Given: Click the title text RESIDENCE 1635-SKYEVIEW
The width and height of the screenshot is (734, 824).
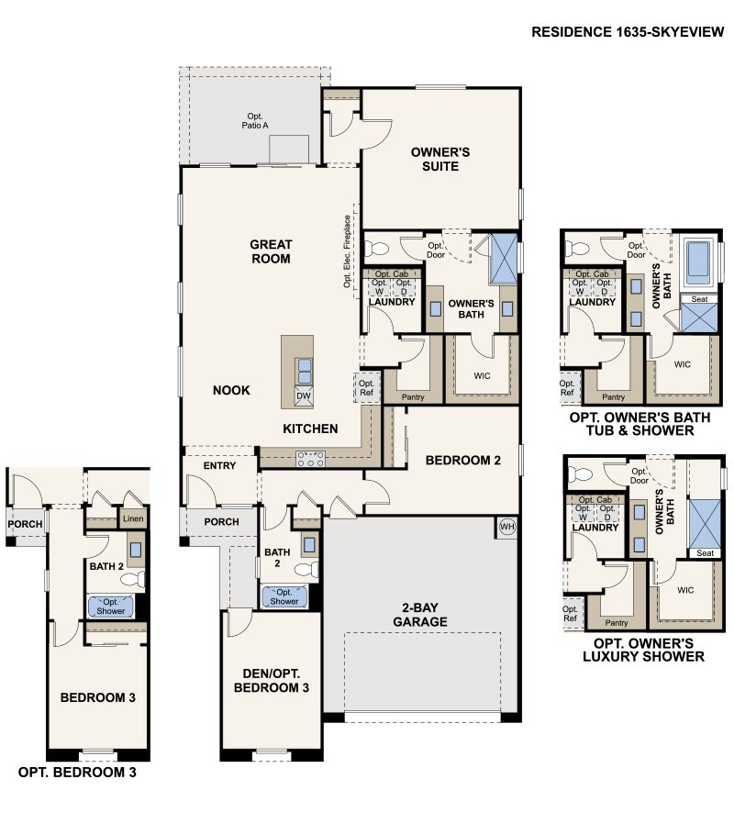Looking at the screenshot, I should (x=628, y=32).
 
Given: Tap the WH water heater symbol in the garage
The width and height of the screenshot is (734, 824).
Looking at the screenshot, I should (x=507, y=527).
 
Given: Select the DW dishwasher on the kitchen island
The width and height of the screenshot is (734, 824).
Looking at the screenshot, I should (x=302, y=396).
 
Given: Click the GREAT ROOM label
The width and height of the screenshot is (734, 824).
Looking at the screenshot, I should (x=271, y=251).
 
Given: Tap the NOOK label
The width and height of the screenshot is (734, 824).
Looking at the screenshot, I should (x=231, y=390).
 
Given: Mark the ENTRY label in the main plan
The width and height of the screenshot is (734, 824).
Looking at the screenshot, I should (x=219, y=466).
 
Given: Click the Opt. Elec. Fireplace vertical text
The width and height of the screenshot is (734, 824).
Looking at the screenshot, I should (x=348, y=251).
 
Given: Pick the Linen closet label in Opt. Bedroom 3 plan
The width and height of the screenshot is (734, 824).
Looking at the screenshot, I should (x=132, y=519).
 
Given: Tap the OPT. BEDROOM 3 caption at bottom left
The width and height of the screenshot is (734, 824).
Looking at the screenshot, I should (x=77, y=773).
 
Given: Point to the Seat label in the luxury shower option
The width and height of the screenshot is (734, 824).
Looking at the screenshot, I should (x=705, y=553).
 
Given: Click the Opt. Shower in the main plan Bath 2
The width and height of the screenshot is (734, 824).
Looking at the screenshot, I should (x=284, y=596).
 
